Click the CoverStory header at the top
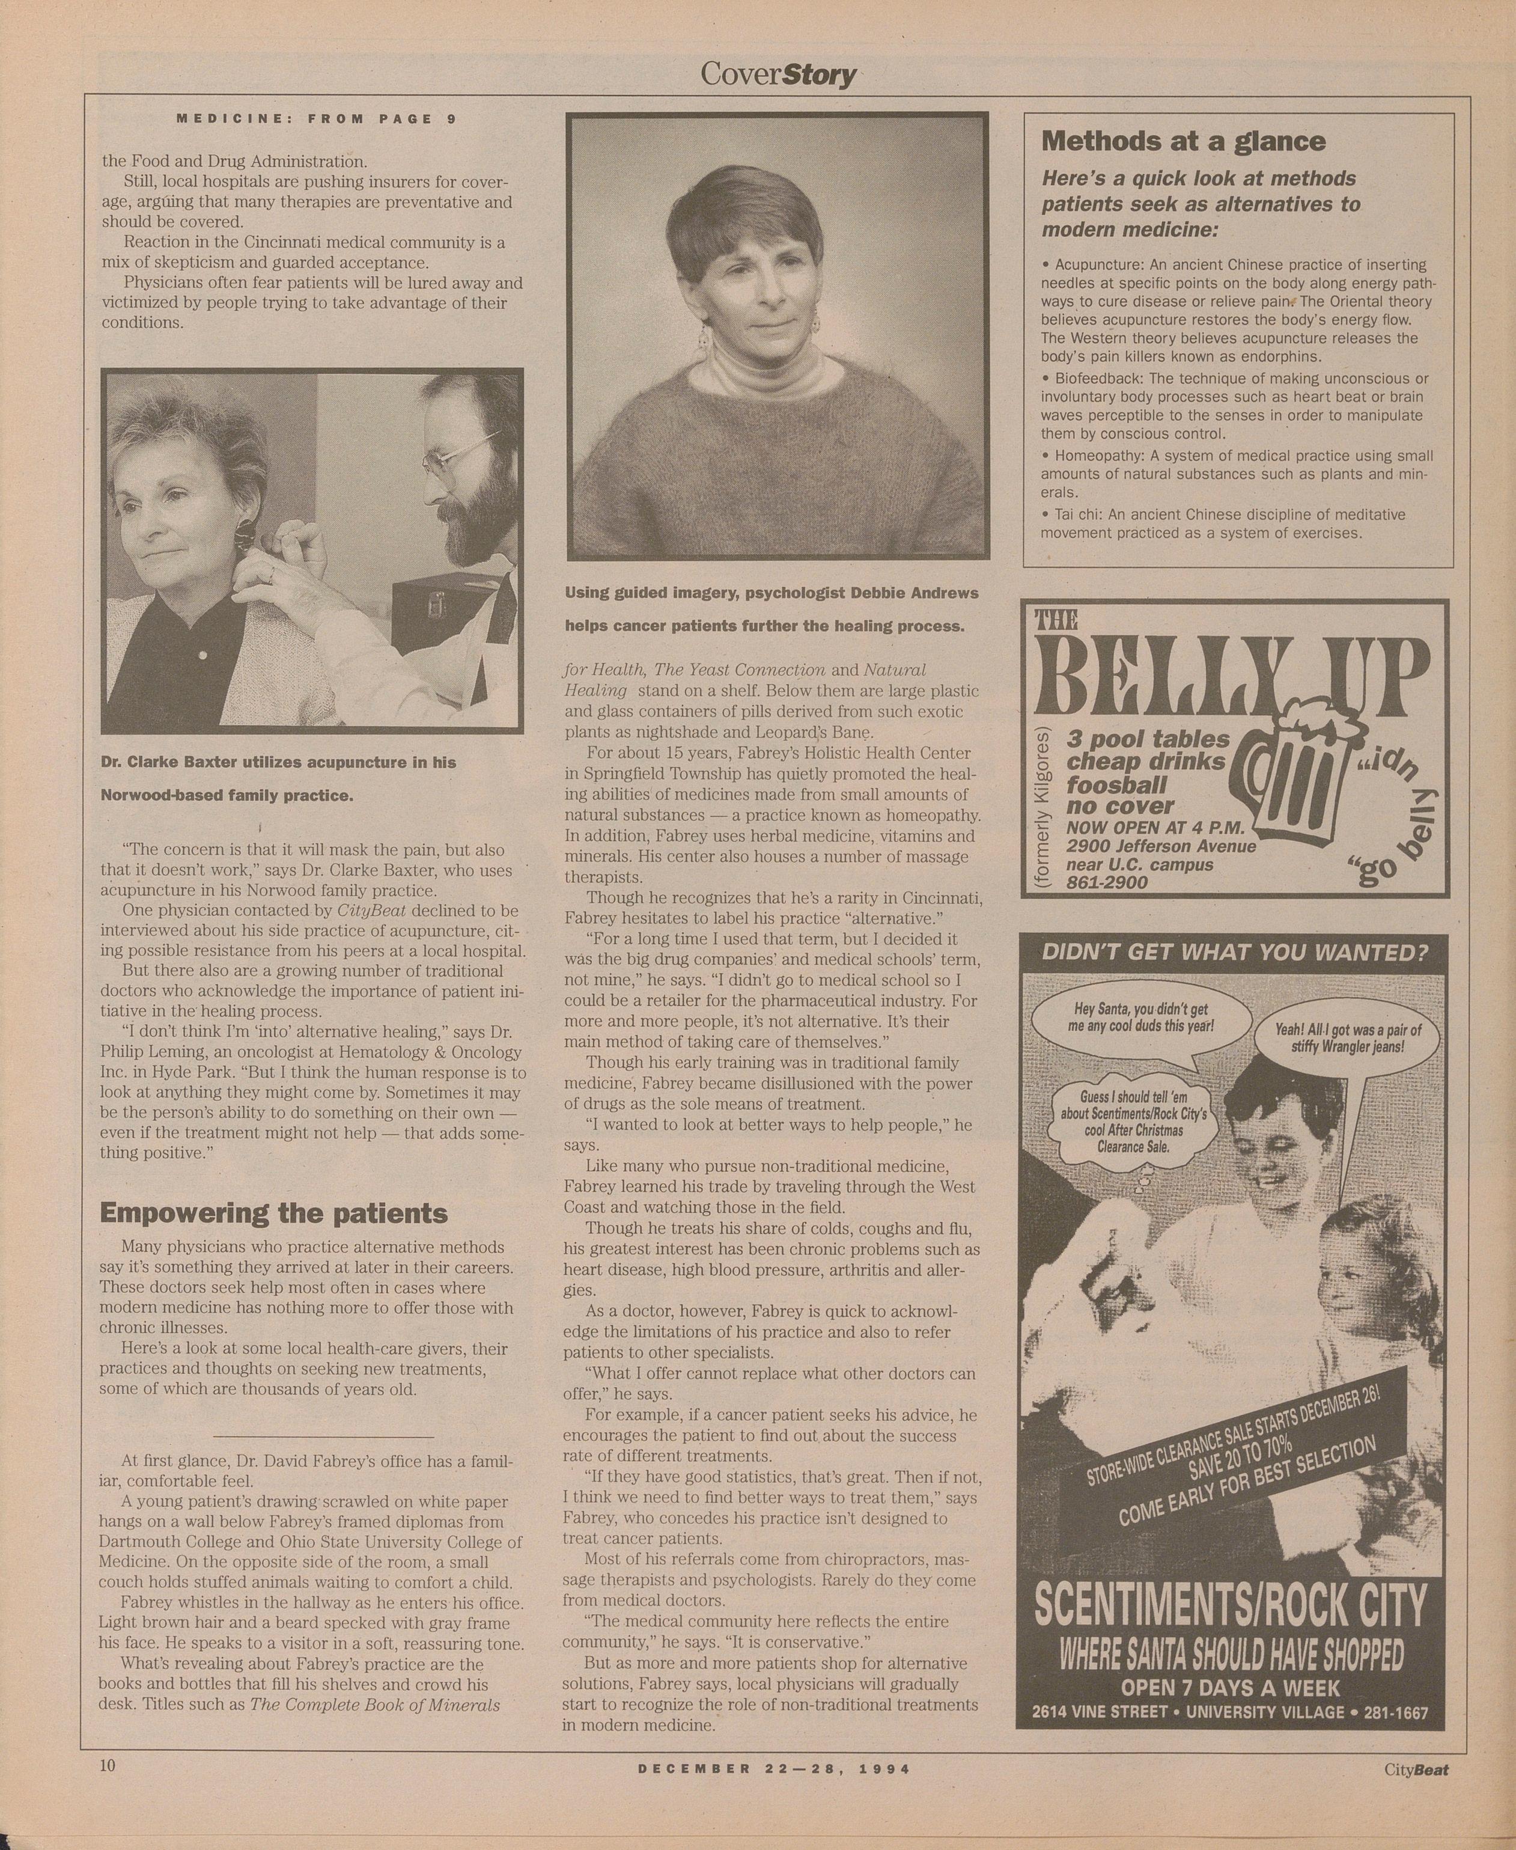[778, 75]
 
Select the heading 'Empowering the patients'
[273, 1213]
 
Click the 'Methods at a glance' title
[1183, 141]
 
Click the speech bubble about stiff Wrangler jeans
[1348, 1037]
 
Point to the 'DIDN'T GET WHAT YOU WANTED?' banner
[1235, 952]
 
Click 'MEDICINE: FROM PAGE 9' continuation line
[316, 119]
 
